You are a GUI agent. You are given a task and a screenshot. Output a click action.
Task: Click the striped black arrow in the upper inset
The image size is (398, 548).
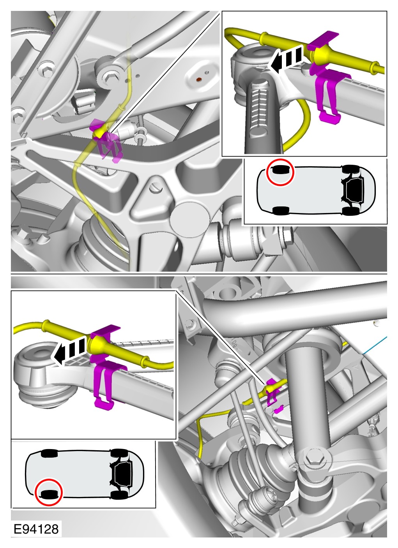click(285, 60)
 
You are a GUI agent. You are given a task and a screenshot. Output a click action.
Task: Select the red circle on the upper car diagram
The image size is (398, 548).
click(280, 172)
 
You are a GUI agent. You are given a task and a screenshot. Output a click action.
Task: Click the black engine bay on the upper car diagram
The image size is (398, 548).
click(354, 190)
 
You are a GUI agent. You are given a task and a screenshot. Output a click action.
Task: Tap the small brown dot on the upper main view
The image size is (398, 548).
click(199, 79)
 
